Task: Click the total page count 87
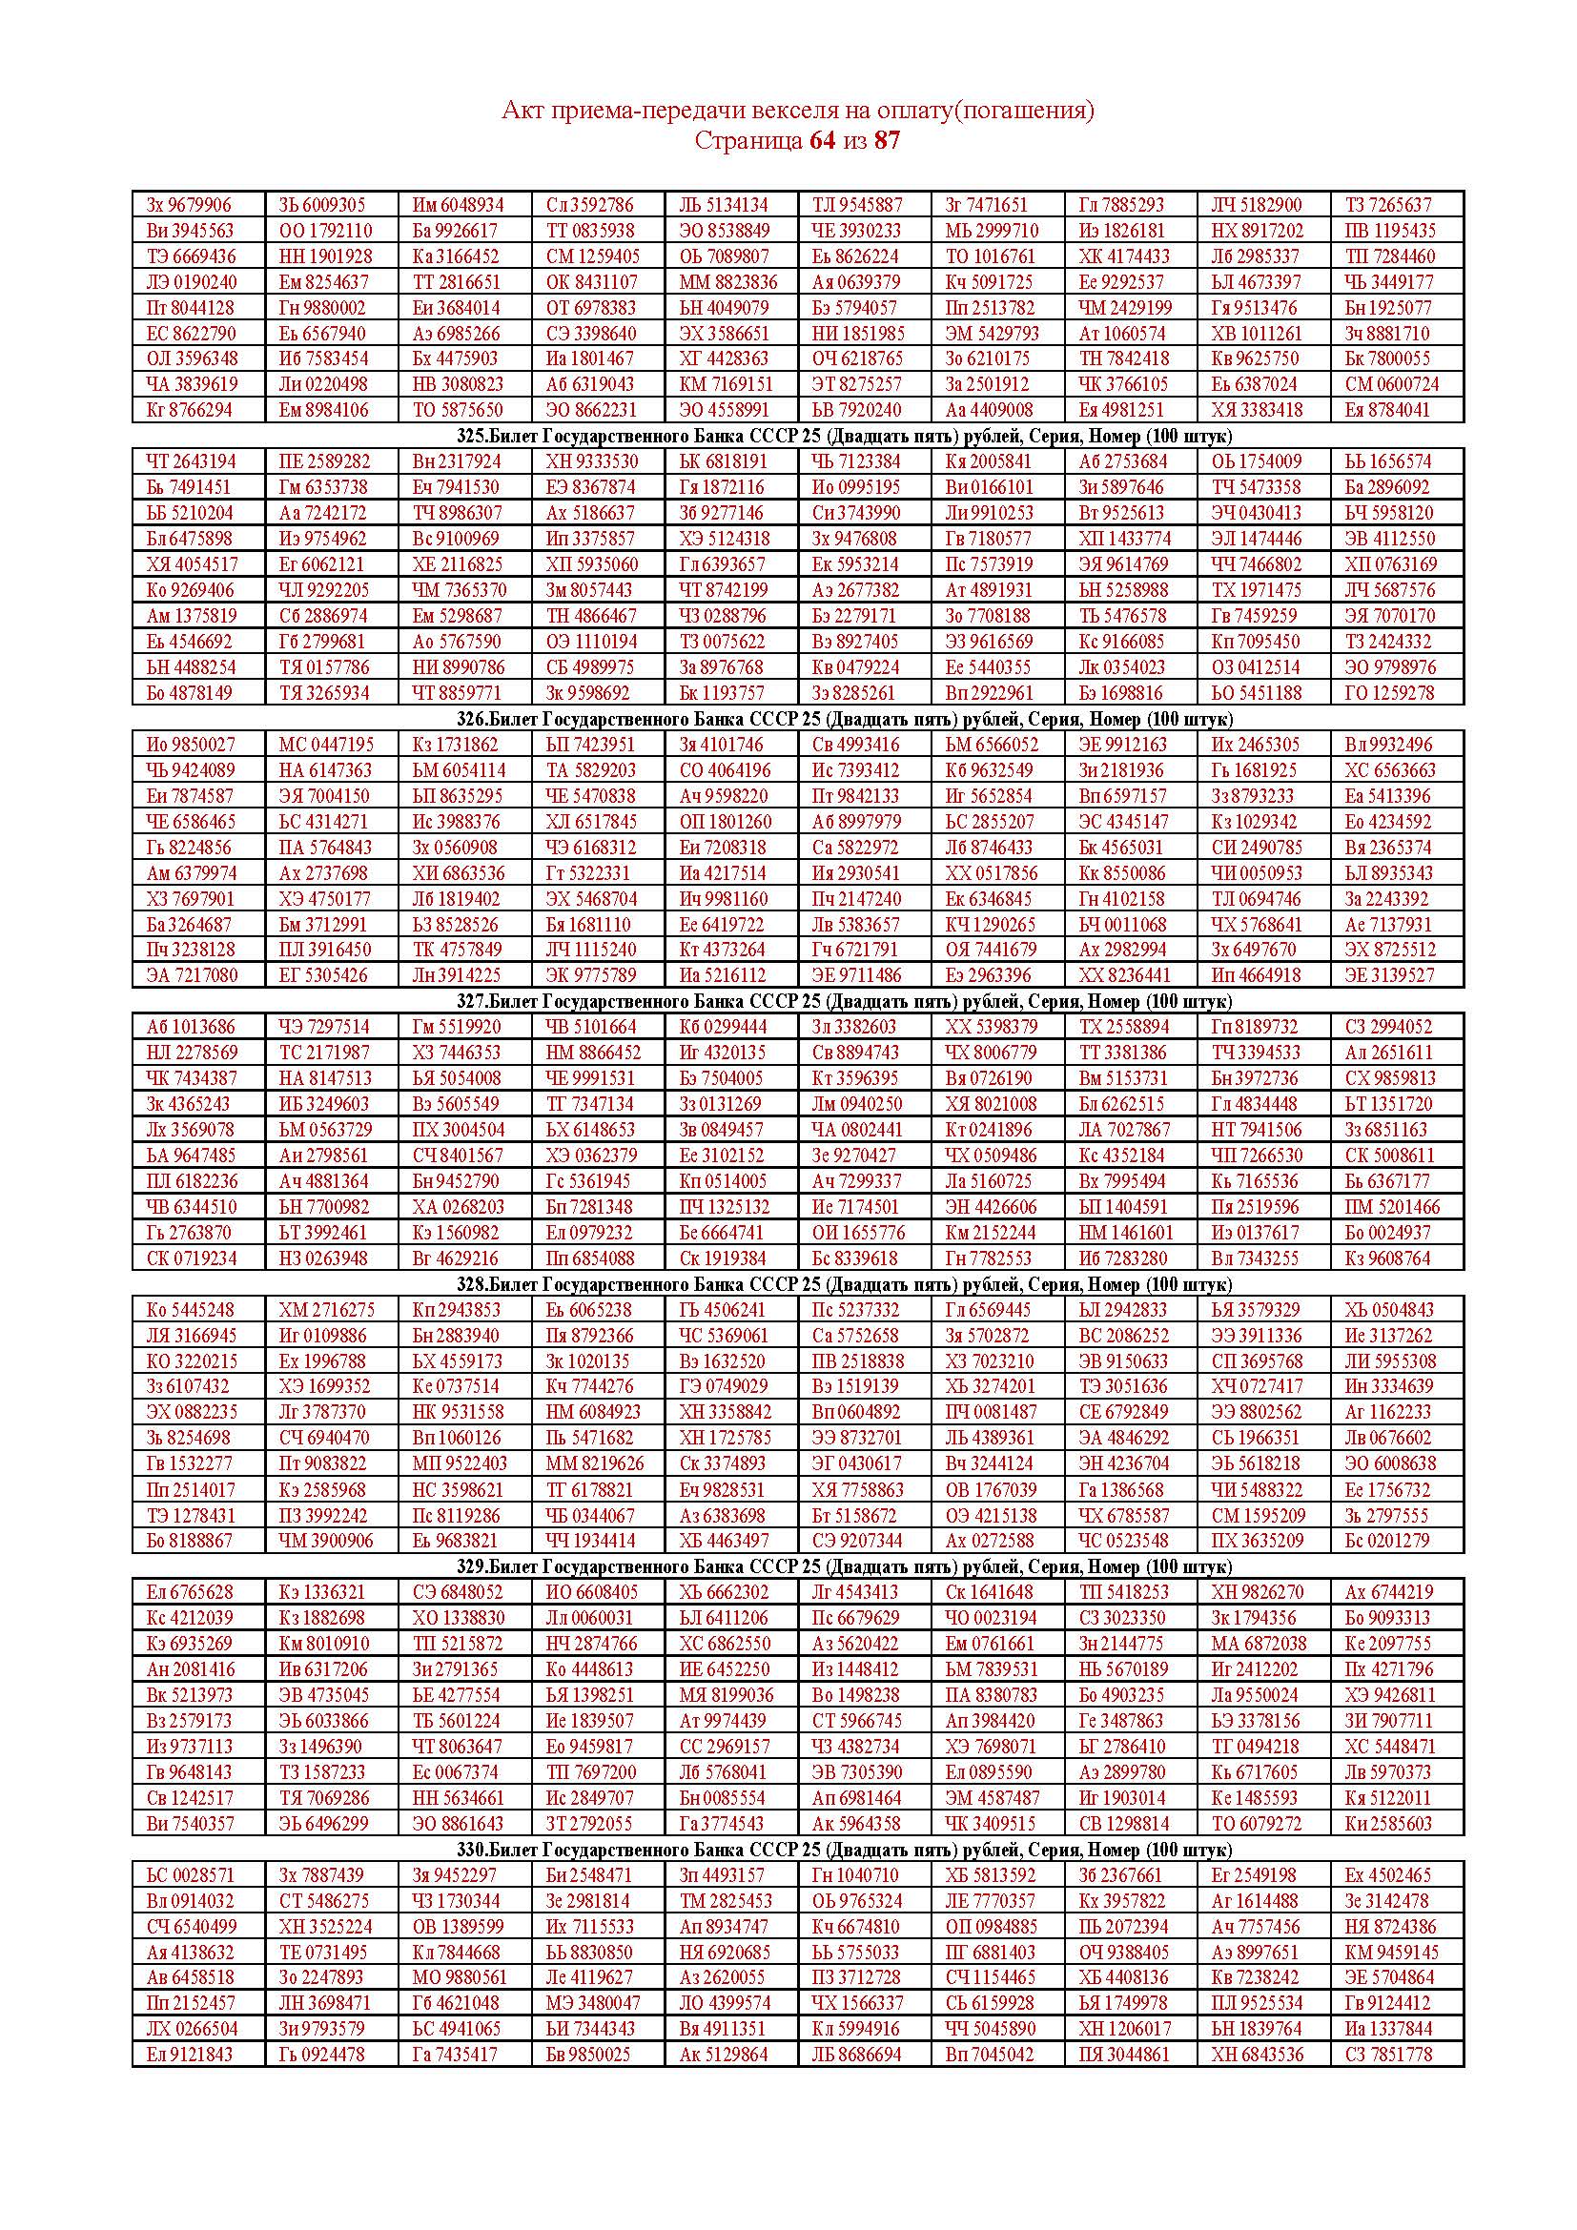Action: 887,141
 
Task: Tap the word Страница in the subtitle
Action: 748,141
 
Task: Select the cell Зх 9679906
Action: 190,205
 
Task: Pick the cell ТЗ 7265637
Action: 1387,205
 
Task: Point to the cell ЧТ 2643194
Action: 190,461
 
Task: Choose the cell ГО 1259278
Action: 1388,692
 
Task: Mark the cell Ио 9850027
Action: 191,745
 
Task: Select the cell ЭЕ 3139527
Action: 1388,975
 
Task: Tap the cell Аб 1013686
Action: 191,1027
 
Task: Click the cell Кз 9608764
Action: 1387,1258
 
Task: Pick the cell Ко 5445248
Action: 191,1310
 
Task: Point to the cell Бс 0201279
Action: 1387,1541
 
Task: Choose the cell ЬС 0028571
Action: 191,1875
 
